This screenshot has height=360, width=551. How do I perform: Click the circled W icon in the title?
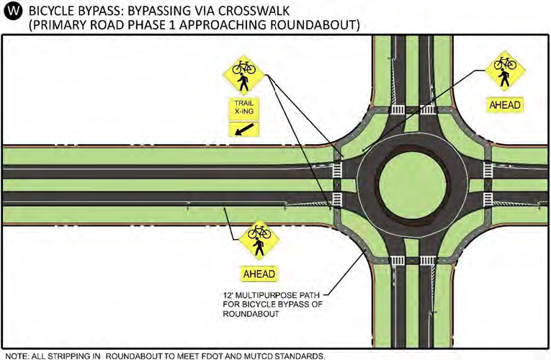13,11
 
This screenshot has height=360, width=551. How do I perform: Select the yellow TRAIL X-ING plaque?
243,109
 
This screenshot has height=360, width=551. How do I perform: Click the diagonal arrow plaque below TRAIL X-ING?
243,129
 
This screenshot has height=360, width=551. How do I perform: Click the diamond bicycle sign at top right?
505,71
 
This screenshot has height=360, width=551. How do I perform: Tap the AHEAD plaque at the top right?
505,104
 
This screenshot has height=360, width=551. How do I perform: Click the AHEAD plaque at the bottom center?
260,274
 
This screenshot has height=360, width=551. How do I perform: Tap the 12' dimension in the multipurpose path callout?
228,294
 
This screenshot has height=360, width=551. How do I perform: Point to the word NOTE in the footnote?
15,354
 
